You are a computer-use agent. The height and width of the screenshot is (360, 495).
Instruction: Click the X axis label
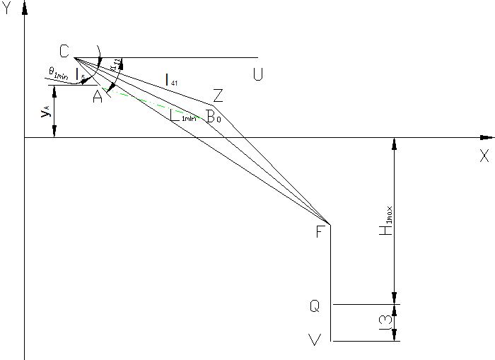click(x=484, y=157)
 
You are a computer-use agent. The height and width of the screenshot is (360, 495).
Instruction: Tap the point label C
click(x=64, y=51)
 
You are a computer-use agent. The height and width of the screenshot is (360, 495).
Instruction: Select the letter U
click(x=257, y=74)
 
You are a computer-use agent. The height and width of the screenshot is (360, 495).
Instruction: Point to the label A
click(x=98, y=98)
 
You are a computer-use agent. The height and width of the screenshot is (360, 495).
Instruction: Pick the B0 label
click(x=213, y=117)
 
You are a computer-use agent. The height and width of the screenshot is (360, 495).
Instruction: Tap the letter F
click(x=320, y=232)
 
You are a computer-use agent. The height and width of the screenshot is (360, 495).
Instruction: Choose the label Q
click(x=315, y=306)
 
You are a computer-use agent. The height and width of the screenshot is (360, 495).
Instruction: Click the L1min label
click(x=183, y=117)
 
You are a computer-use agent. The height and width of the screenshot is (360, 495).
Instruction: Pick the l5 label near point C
click(x=81, y=73)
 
